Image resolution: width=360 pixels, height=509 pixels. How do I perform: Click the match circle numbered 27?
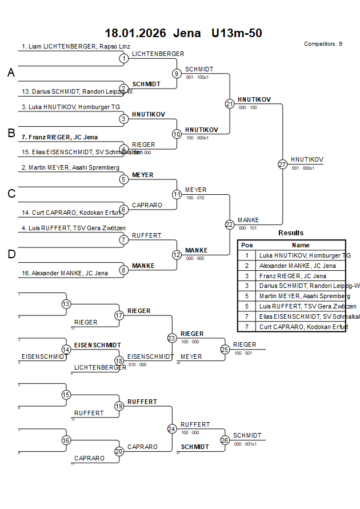(282, 164)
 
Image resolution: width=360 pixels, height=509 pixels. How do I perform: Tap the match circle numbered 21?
(230, 104)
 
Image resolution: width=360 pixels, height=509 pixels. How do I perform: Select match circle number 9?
(177, 73)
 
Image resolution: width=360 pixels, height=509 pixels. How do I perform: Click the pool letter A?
(11, 73)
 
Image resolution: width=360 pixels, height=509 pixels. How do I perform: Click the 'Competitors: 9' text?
(323, 43)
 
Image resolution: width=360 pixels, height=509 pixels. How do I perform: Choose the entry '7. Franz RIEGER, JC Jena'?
(59, 137)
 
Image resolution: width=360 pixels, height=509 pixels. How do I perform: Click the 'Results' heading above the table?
(291, 233)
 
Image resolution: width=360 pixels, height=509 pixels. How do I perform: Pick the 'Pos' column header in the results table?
(246, 245)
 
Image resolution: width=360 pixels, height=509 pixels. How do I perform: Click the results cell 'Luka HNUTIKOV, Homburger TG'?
(305, 255)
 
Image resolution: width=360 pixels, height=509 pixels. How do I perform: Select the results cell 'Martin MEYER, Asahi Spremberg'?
(305, 296)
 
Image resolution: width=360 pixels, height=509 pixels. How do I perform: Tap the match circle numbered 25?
(225, 349)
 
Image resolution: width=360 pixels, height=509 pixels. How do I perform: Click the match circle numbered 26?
(225, 440)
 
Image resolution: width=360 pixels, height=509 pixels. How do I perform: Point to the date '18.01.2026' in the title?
(135, 33)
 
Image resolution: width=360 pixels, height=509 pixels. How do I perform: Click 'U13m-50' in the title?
(237, 33)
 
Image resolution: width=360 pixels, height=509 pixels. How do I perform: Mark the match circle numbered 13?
(66, 304)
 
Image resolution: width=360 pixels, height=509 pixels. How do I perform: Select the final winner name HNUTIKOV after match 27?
(307, 159)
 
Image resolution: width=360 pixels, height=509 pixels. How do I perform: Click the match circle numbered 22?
(230, 225)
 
